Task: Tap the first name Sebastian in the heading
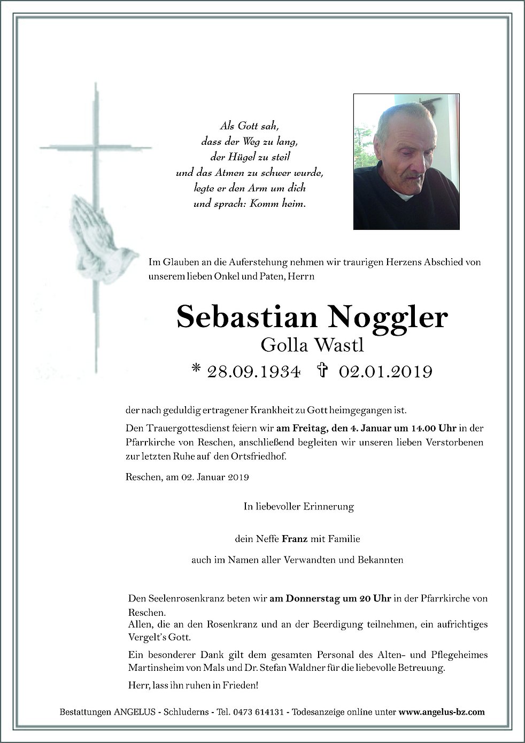pyautogui.click(x=246, y=318)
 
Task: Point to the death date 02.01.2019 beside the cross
pyautogui.click(x=384, y=371)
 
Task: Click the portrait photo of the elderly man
pyautogui.click(x=406, y=162)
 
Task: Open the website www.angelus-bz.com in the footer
pyautogui.click(x=442, y=712)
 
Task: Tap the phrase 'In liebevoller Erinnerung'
pyautogui.click(x=298, y=506)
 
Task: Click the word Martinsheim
pyautogui.click(x=155, y=668)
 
